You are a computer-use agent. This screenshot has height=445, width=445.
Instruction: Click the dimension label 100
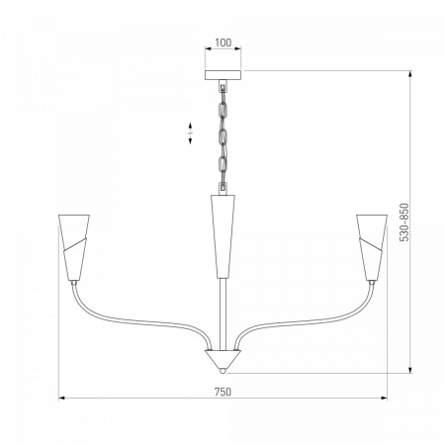tap(223, 43)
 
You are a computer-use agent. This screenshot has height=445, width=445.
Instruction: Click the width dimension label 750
tap(223, 392)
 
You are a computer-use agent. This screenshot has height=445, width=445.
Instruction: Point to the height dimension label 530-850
tap(404, 222)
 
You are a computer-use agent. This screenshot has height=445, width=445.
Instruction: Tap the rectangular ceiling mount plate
tap(222, 75)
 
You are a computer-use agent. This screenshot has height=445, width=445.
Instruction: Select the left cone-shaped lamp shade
tap(74, 247)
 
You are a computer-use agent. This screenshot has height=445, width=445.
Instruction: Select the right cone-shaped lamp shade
tap(372, 247)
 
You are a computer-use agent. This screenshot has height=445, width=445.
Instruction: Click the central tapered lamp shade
tap(222, 236)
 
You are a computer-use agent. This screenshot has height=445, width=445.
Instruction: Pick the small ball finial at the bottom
tap(223, 371)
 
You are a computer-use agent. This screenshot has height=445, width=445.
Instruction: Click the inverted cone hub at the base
tap(222, 359)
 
